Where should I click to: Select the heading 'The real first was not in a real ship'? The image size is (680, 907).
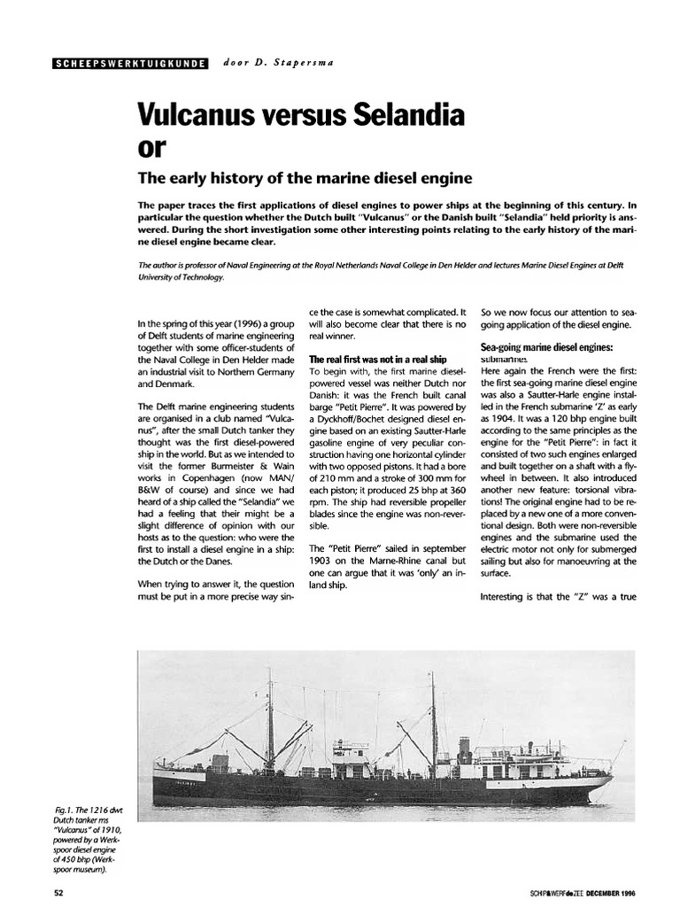(x=377, y=360)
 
